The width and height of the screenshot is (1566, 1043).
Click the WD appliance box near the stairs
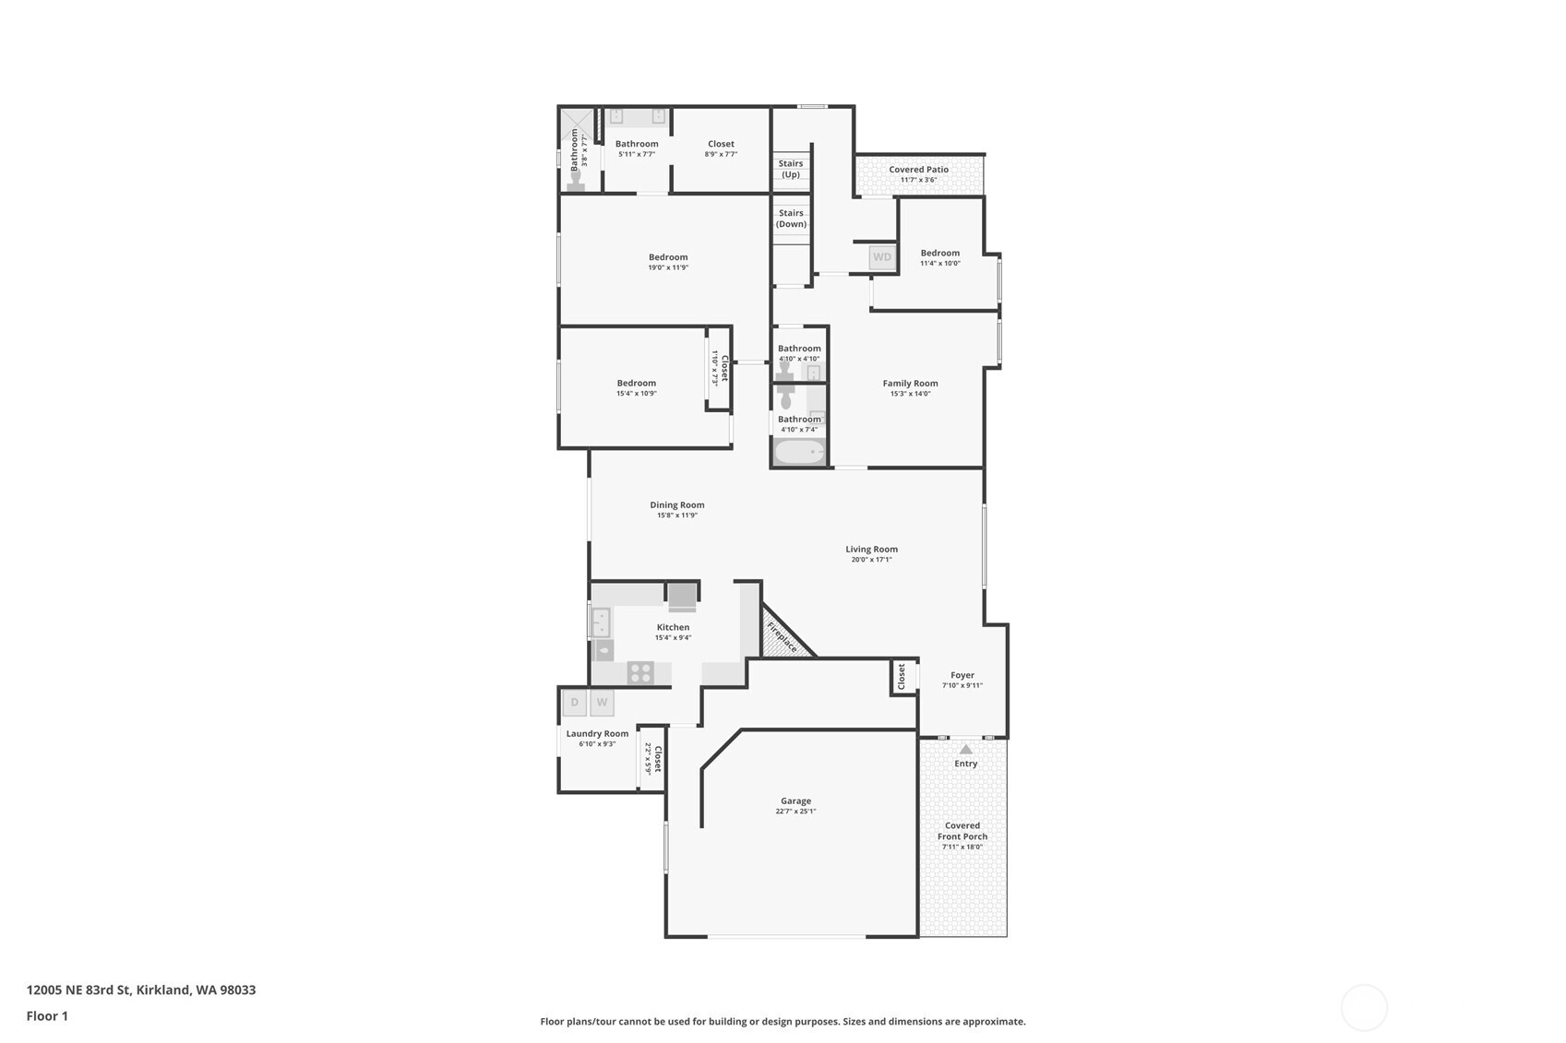point(882,257)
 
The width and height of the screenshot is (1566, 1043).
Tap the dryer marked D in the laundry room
point(574,703)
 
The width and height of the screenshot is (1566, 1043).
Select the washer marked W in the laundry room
point(602,703)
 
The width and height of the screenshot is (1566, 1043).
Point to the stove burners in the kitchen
point(640,673)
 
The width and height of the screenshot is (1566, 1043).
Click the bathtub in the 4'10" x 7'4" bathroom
point(799,452)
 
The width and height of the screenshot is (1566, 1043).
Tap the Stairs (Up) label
point(791,169)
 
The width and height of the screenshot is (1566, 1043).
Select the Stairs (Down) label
point(791,219)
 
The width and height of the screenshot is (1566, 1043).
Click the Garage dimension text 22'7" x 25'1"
point(795,812)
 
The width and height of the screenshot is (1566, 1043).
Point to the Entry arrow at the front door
point(965,750)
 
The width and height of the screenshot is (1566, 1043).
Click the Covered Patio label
point(918,170)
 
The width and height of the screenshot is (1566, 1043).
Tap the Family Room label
point(910,384)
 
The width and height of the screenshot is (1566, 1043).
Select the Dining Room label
point(676,505)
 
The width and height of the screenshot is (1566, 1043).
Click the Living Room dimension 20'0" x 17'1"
point(871,560)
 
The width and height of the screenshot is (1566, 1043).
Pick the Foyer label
point(962,675)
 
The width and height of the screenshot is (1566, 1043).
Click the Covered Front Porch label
point(962,831)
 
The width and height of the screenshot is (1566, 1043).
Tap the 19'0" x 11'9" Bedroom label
point(668,257)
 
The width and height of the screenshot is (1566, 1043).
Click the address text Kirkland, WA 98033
point(196,990)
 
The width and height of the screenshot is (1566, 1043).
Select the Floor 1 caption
point(47,1016)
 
